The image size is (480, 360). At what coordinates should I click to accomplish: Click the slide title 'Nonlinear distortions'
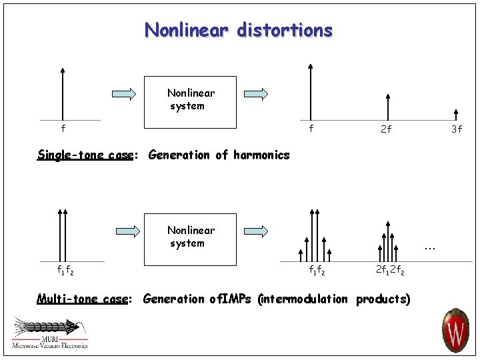tap(239, 30)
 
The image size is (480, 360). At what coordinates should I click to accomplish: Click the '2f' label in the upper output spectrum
tap(385, 129)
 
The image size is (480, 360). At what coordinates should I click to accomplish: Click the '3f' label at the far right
tap(456, 129)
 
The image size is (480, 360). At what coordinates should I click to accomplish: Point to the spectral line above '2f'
tap(386, 107)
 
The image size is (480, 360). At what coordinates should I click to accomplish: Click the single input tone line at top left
tap(63, 93)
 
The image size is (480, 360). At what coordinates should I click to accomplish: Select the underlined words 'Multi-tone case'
tap(81, 299)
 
